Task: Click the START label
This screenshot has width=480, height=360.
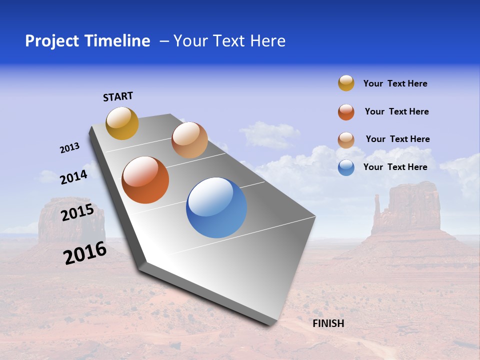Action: coord(118,96)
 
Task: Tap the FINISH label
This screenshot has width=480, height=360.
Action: coord(328,323)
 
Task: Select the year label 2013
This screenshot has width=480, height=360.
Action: coord(69,148)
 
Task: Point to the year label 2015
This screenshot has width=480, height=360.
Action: coord(77,212)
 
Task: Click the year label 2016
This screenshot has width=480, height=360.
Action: coord(85,253)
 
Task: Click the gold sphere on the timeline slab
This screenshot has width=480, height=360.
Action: coord(122,123)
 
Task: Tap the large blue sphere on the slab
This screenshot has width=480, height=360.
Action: coord(216,207)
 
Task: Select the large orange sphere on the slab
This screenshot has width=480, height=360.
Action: coord(145,180)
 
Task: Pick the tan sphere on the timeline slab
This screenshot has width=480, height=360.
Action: coord(189,140)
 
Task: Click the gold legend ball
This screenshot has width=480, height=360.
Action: coord(346,83)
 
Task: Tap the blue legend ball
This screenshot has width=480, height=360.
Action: coord(346,167)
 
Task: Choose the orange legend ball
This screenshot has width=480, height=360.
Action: coord(346,112)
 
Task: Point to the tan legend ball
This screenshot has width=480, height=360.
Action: coord(346,140)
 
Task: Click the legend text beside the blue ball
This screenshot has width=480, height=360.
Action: coord(395,167)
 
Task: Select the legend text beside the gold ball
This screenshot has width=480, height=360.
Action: coord(395,83)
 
